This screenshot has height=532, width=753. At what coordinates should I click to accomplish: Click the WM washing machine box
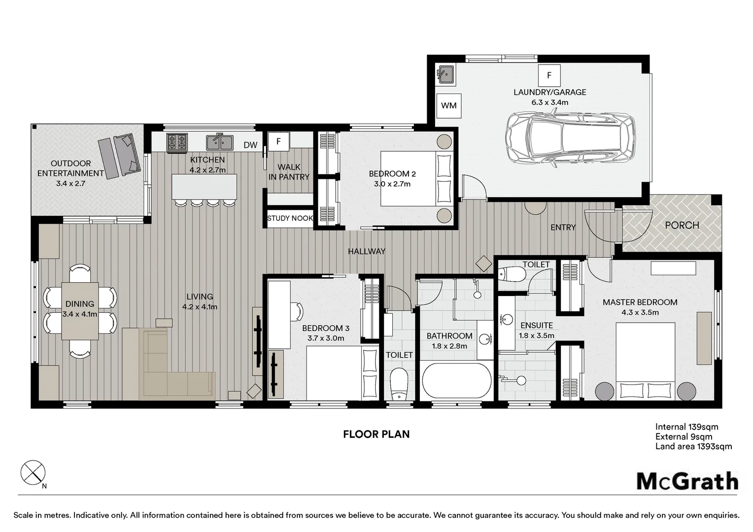point(449,105)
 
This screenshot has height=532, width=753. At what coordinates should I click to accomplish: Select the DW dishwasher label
point(250,145)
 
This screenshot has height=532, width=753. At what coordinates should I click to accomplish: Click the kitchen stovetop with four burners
point(177,141)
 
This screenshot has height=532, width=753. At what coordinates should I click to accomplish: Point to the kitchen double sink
point(220,142)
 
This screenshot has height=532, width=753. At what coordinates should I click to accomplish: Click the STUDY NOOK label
point(290,218)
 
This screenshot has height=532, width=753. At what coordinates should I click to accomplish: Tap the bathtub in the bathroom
point(457,381)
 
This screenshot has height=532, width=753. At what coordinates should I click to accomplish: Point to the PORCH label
point(682,225)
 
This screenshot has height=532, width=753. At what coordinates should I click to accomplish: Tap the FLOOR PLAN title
point(376,434)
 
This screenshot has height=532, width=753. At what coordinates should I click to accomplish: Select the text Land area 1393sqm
point(693,446)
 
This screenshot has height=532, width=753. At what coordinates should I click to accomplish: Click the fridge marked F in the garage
point(549,75)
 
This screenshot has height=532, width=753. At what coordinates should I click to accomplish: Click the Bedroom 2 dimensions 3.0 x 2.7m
point(392,184)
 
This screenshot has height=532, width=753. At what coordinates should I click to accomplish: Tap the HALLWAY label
point(367,251)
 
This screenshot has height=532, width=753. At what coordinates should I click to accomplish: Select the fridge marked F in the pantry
point(278,141)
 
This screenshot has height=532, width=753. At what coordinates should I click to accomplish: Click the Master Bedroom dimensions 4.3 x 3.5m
point(640,312)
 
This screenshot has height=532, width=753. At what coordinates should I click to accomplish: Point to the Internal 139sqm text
point(687,427)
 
